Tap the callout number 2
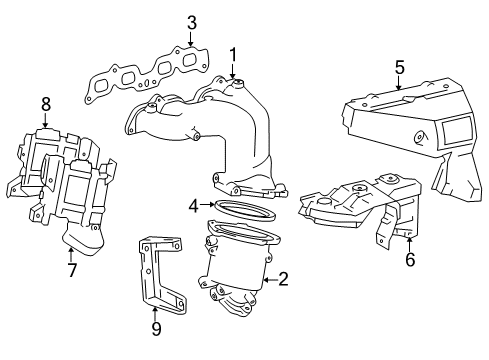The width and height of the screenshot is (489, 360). tap(283, 280)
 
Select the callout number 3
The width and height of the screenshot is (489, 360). tap(191, 22)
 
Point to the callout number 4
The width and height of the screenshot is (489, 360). tap(192, 207)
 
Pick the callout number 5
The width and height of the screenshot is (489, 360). tap(399, 67)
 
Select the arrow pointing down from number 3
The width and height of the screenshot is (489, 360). tap(191, 38)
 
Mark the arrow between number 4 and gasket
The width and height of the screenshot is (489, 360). tap(206, 206)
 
